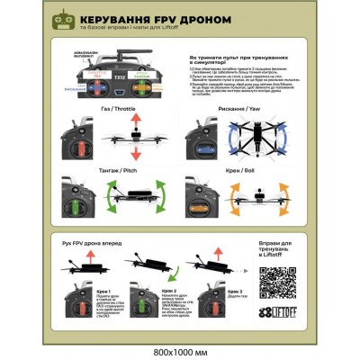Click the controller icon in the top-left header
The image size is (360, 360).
pos(63,19)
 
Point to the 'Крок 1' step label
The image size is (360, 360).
pos(102,291)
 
